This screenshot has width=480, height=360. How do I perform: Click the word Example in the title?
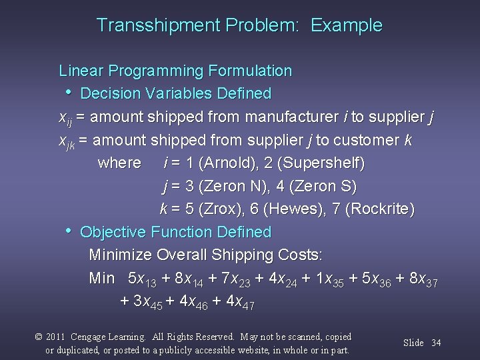347,26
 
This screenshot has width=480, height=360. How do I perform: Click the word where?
119,163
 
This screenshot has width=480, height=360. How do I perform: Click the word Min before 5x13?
102,278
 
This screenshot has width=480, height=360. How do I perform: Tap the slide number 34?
436,343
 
